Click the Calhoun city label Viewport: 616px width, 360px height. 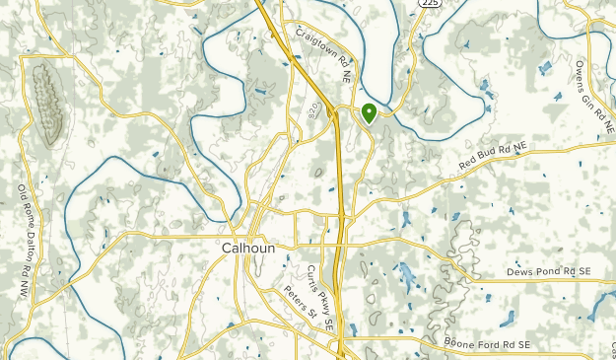(247, 249)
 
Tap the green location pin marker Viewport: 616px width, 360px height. (369, 112)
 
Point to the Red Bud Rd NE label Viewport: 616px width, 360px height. (494, 159)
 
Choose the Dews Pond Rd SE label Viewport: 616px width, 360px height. (548, 271)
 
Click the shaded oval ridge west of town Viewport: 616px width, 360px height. (47, 101)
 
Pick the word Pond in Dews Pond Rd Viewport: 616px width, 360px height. (549, 271)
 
